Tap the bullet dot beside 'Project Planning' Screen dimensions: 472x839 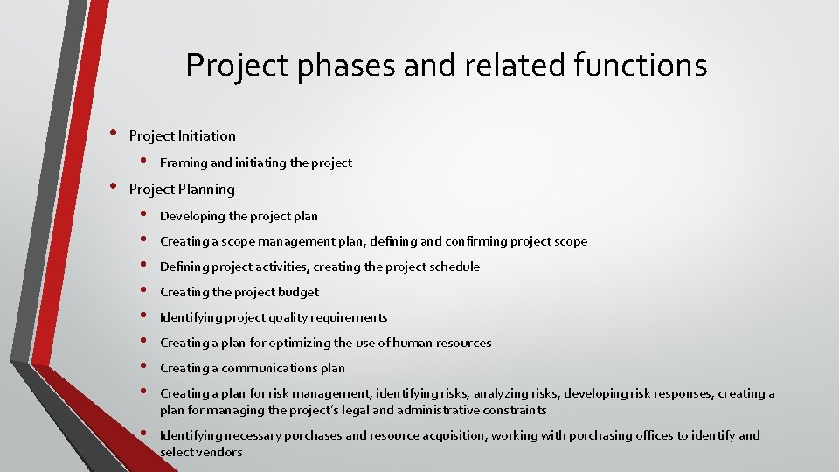112,187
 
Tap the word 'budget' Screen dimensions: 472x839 298,292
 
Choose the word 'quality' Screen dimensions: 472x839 269,317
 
